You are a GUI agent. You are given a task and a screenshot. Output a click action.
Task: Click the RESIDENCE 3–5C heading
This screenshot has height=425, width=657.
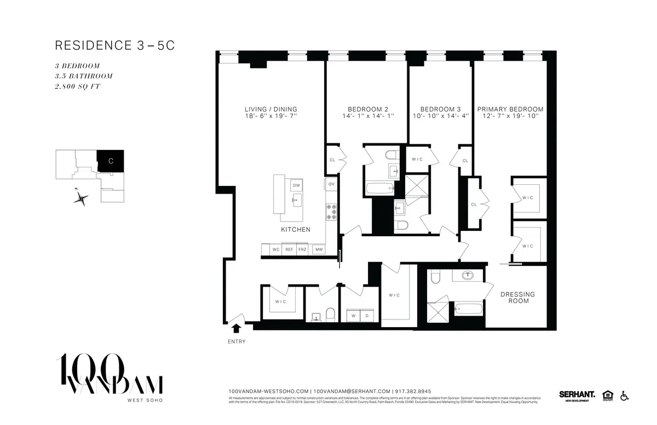tap(114, 45)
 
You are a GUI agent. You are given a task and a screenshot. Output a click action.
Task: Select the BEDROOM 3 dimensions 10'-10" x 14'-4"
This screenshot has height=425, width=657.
tap(441, 117)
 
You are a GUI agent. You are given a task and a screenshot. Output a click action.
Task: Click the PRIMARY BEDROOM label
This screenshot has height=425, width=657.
tap(510, 109)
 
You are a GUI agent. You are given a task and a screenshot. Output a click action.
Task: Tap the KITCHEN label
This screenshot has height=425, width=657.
tap(296, 230)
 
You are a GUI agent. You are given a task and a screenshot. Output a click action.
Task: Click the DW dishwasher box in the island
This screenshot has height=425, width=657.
tap(296, 185)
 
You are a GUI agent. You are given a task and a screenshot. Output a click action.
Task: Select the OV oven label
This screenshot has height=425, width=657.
tap(331, 184)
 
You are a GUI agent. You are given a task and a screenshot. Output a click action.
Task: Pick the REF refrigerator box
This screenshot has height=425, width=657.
tap(289, 249)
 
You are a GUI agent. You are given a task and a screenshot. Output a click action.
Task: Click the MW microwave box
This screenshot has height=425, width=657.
tap(318, 249)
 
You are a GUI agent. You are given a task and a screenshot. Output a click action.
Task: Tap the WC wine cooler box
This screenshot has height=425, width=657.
tap(276, 249)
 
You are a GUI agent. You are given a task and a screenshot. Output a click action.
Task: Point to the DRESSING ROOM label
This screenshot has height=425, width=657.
tap(517, 298)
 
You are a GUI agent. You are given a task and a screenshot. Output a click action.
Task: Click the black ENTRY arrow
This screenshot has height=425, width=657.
tap(237, 328)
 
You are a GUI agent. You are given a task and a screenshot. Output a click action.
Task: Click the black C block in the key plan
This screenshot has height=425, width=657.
tap(111, 161)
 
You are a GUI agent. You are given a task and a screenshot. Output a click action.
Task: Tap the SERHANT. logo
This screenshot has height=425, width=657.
tap(577, 394)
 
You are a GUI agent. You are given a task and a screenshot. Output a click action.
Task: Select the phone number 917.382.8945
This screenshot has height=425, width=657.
tap(413, 392)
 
